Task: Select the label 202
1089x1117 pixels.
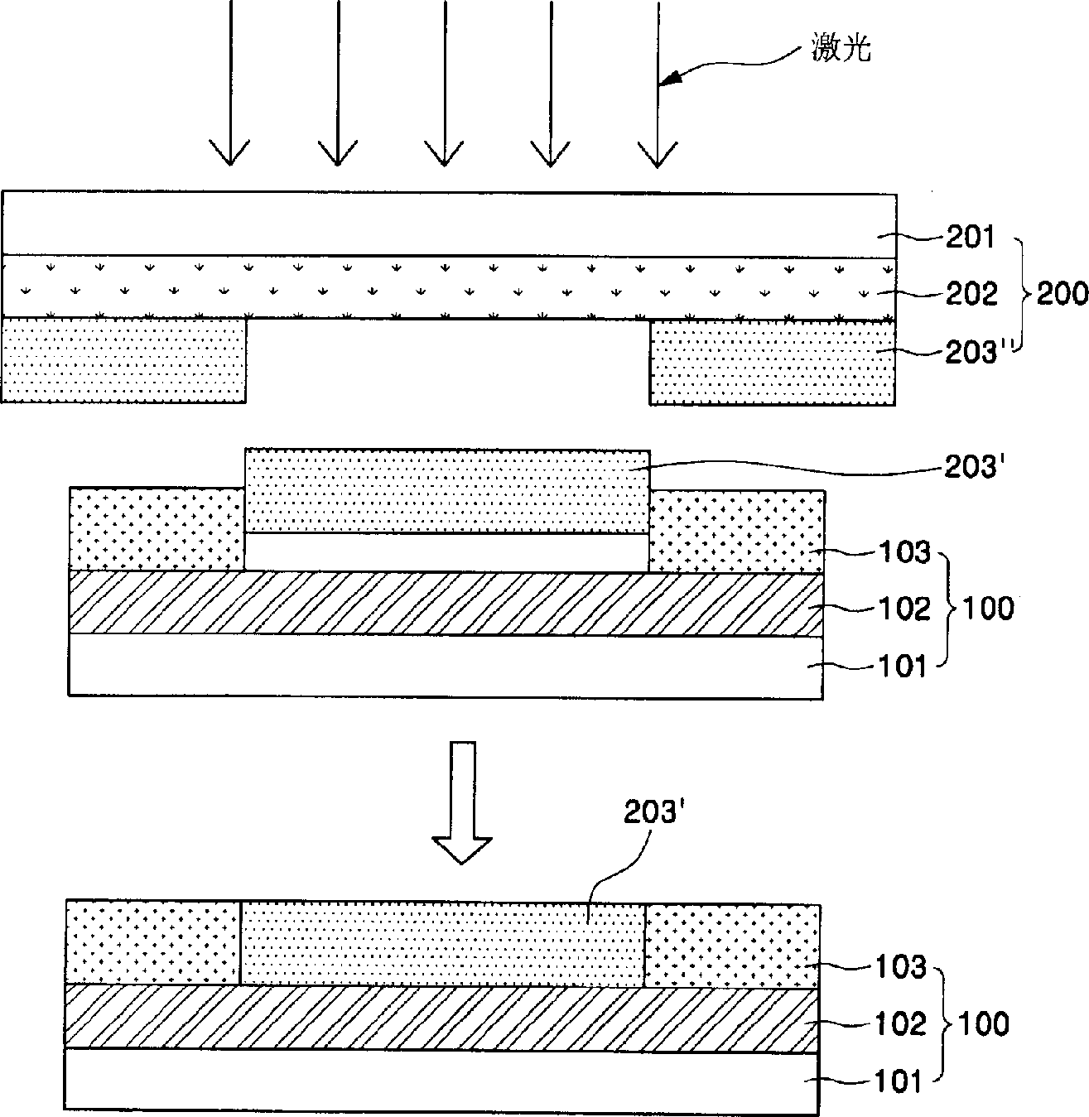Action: click(971, 294)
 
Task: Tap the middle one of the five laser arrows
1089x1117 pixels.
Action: click(444, 83)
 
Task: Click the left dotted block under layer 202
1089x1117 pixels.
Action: click(124, 360)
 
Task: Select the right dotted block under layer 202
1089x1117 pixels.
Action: click(772, 363)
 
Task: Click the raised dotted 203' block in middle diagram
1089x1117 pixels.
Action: click(447, 490)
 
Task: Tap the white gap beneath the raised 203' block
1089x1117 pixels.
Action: click(447, 551)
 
